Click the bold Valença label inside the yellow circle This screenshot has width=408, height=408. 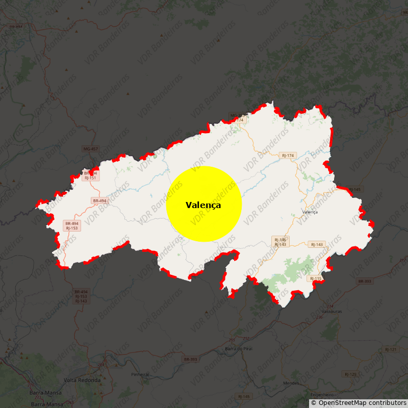point(203,205)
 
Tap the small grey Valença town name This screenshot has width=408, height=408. point(310,212)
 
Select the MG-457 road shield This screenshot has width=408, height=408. point(90,149)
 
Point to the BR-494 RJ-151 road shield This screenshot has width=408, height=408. point(90,175)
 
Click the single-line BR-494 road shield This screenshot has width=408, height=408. point(100,201)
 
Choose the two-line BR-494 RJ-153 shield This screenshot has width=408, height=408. point(72,226)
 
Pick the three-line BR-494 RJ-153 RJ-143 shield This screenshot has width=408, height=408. point(81,296)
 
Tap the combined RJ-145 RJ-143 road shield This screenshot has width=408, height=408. point(280,242)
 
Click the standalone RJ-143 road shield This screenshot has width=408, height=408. point(317,244)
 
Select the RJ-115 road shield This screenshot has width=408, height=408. point(316,278)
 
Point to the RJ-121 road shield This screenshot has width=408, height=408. point(390,349)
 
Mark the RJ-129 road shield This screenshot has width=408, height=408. point(350,374)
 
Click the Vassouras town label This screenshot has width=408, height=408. point(332,311)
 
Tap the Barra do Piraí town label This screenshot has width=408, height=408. point(239,348)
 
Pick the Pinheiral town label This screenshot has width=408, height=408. point(140,374)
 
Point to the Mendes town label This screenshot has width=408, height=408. point(291,382)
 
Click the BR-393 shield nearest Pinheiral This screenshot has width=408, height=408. point(190,360)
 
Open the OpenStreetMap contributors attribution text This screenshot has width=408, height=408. point(362,403)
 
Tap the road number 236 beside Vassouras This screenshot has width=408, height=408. point(319,317)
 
